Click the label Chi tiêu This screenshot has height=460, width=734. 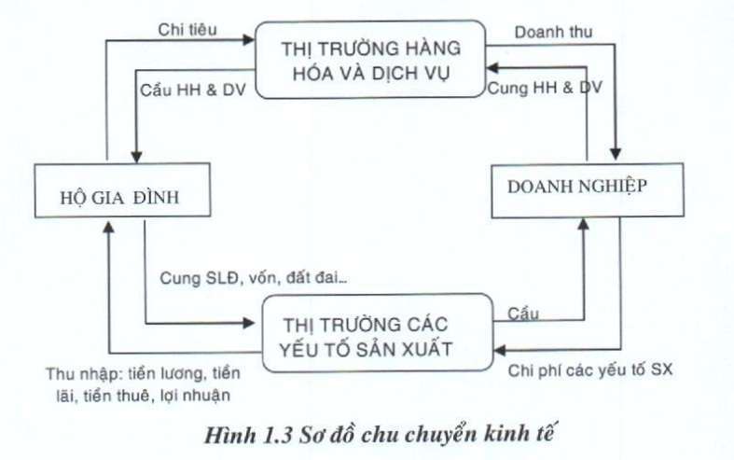(187, 30)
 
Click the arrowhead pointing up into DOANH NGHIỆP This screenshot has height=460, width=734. (583, 224)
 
